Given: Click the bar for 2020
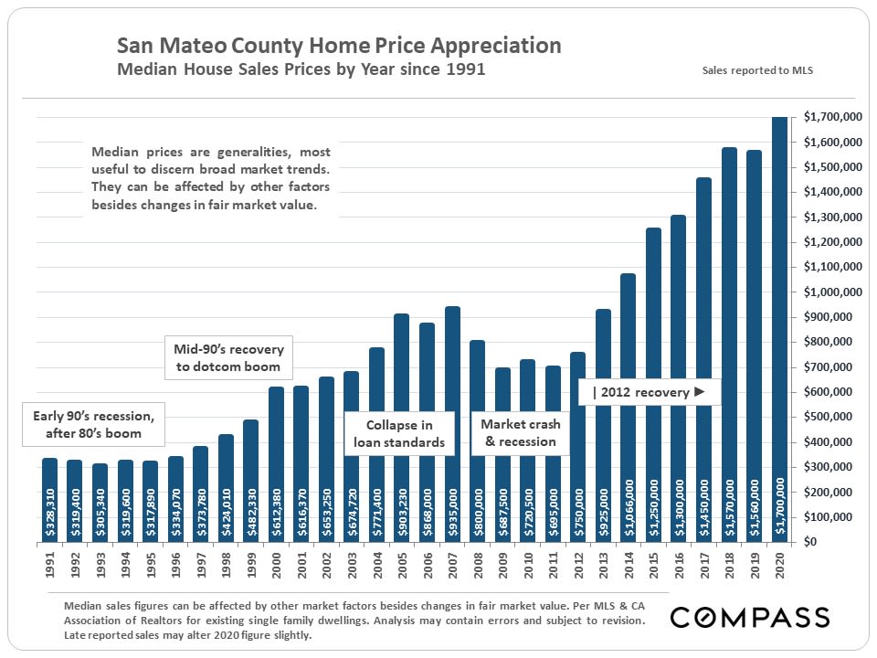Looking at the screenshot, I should click(779, 329).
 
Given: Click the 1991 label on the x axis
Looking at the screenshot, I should click(49, 566).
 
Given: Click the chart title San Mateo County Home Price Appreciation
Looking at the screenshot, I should click(339, 45).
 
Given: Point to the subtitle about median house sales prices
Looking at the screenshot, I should click(301, 69).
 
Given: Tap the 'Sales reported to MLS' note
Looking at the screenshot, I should click(757, 69).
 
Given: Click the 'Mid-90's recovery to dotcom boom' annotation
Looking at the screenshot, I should click(228, 358).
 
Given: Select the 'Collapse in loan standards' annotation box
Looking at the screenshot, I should click(399, 434).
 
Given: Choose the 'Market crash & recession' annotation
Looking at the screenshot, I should click(521, 433).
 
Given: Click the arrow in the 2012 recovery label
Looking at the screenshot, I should click(700, 392).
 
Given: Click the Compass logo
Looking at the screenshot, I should click(749, 617).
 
